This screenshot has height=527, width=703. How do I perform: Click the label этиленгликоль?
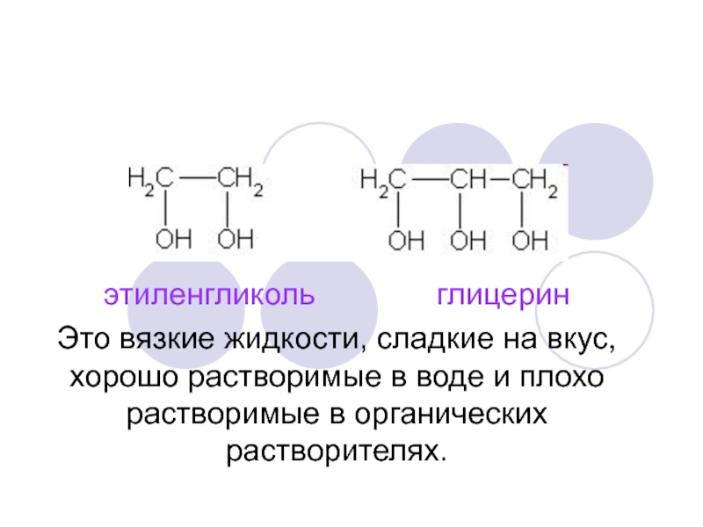(209, 293)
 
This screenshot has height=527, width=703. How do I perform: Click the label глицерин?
(504, 293)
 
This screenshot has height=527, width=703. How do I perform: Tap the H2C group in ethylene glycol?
(149, 181)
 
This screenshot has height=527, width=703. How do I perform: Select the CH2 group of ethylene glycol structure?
(239, 181)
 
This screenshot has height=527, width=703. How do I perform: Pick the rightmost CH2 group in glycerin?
(534, 180)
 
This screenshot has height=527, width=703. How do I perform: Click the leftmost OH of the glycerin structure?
(406, 239)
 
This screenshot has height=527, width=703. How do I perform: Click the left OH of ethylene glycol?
(172, 239)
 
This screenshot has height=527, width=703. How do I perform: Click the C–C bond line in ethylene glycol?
(194, 180)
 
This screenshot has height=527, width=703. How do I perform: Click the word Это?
(85, 338)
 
